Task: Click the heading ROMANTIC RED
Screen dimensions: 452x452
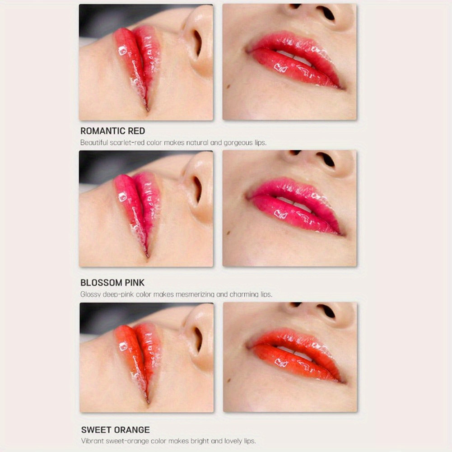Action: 112,131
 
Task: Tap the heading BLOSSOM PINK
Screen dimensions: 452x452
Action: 112,283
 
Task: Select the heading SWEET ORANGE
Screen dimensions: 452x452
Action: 115,430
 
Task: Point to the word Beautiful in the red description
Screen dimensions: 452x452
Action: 93,143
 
